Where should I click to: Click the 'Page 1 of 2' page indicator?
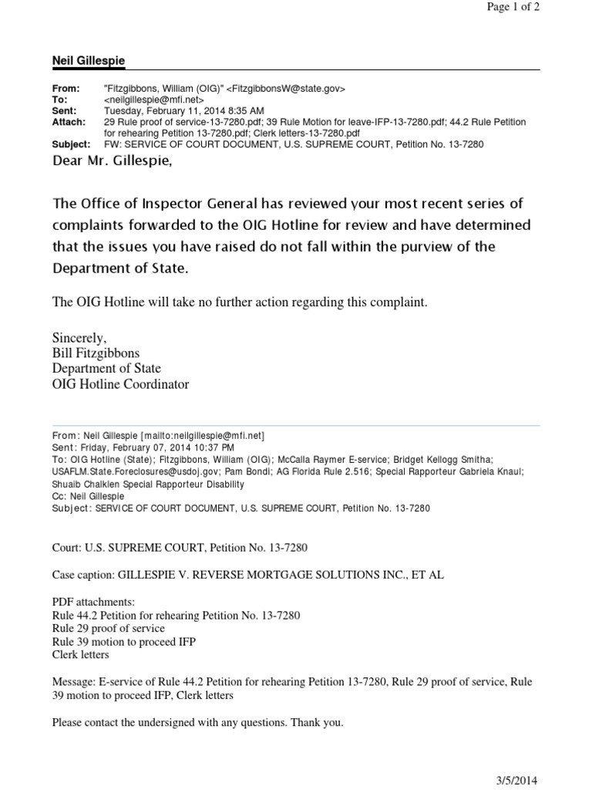pyautogui.click(x=513, y=8)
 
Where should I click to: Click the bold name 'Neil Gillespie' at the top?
pyautogui.click(x=88, y=60)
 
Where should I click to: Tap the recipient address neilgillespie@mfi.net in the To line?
pyautogui.click(x=153, y=100)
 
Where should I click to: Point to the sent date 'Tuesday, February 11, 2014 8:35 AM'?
pyautogui.click(x=183, y=110)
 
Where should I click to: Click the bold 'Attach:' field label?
pyautogui.click(x=69, y=122)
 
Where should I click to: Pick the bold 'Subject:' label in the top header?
pyautogui.click(x=71, y=144)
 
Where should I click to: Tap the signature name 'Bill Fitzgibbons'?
pyautogui.click(x=96, y=353)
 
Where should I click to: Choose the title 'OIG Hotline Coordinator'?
pyautogui.click(x=120, y=384)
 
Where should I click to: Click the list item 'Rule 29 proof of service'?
pyautogui.click(x=108, y=628)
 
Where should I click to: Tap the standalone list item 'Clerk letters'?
pyautogui.click(x=80, y=655)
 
